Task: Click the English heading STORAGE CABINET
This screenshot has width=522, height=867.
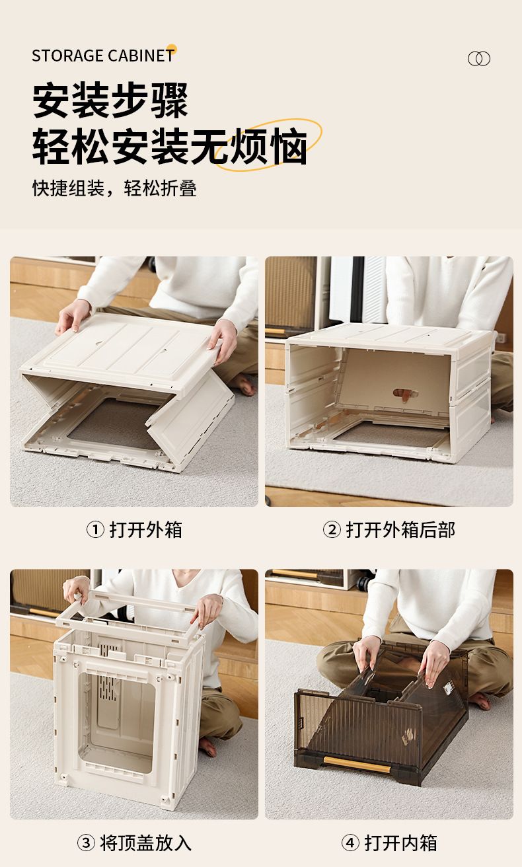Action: point(103,56)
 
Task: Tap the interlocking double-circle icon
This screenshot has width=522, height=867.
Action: point(478,59)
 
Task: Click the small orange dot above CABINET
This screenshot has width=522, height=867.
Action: point(172,49)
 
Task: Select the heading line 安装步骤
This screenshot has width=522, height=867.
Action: point(110,100)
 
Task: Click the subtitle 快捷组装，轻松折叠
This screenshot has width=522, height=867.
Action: point(114,188)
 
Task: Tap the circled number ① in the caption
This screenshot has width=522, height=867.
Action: point(95,530)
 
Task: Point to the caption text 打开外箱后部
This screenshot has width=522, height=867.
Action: point(400,530)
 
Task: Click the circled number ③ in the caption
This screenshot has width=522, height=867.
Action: point(86,843)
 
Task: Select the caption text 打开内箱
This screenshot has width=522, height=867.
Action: point(400,843)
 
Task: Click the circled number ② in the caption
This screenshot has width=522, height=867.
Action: point(332,530)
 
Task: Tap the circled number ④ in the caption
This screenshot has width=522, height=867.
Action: point(350,843)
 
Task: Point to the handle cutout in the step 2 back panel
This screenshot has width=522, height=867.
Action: point(405,395)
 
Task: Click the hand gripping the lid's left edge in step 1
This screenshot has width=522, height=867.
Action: point(72,316)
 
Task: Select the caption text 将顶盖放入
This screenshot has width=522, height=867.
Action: point(145,843)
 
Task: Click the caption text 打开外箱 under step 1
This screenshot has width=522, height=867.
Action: point(145,530)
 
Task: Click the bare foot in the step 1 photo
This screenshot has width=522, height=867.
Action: point(242,384)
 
